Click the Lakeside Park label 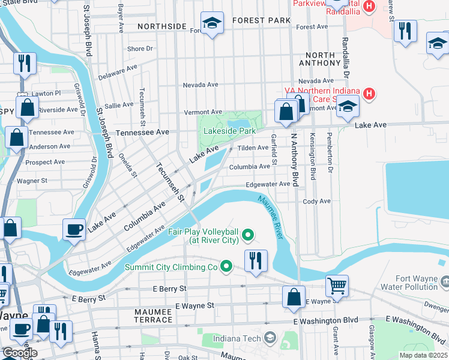pyautogui.click(x=229, y=131)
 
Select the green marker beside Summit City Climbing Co pyautogui.click(x=226, y=266)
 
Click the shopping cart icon pyautogui.click(x=337, y=286)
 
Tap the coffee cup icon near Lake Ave pyautogui.click(x=74, y=229)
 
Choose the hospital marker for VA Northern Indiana pyautogui.click(x=370, y=94)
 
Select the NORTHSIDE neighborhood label pyautogui.click(x=161, y=26)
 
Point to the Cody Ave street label pyautogui.click(x=316, y=202)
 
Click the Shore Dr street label pyautogui.click(x=140, y=49)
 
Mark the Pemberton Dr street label pyautogui.click(x=330, y=163)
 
